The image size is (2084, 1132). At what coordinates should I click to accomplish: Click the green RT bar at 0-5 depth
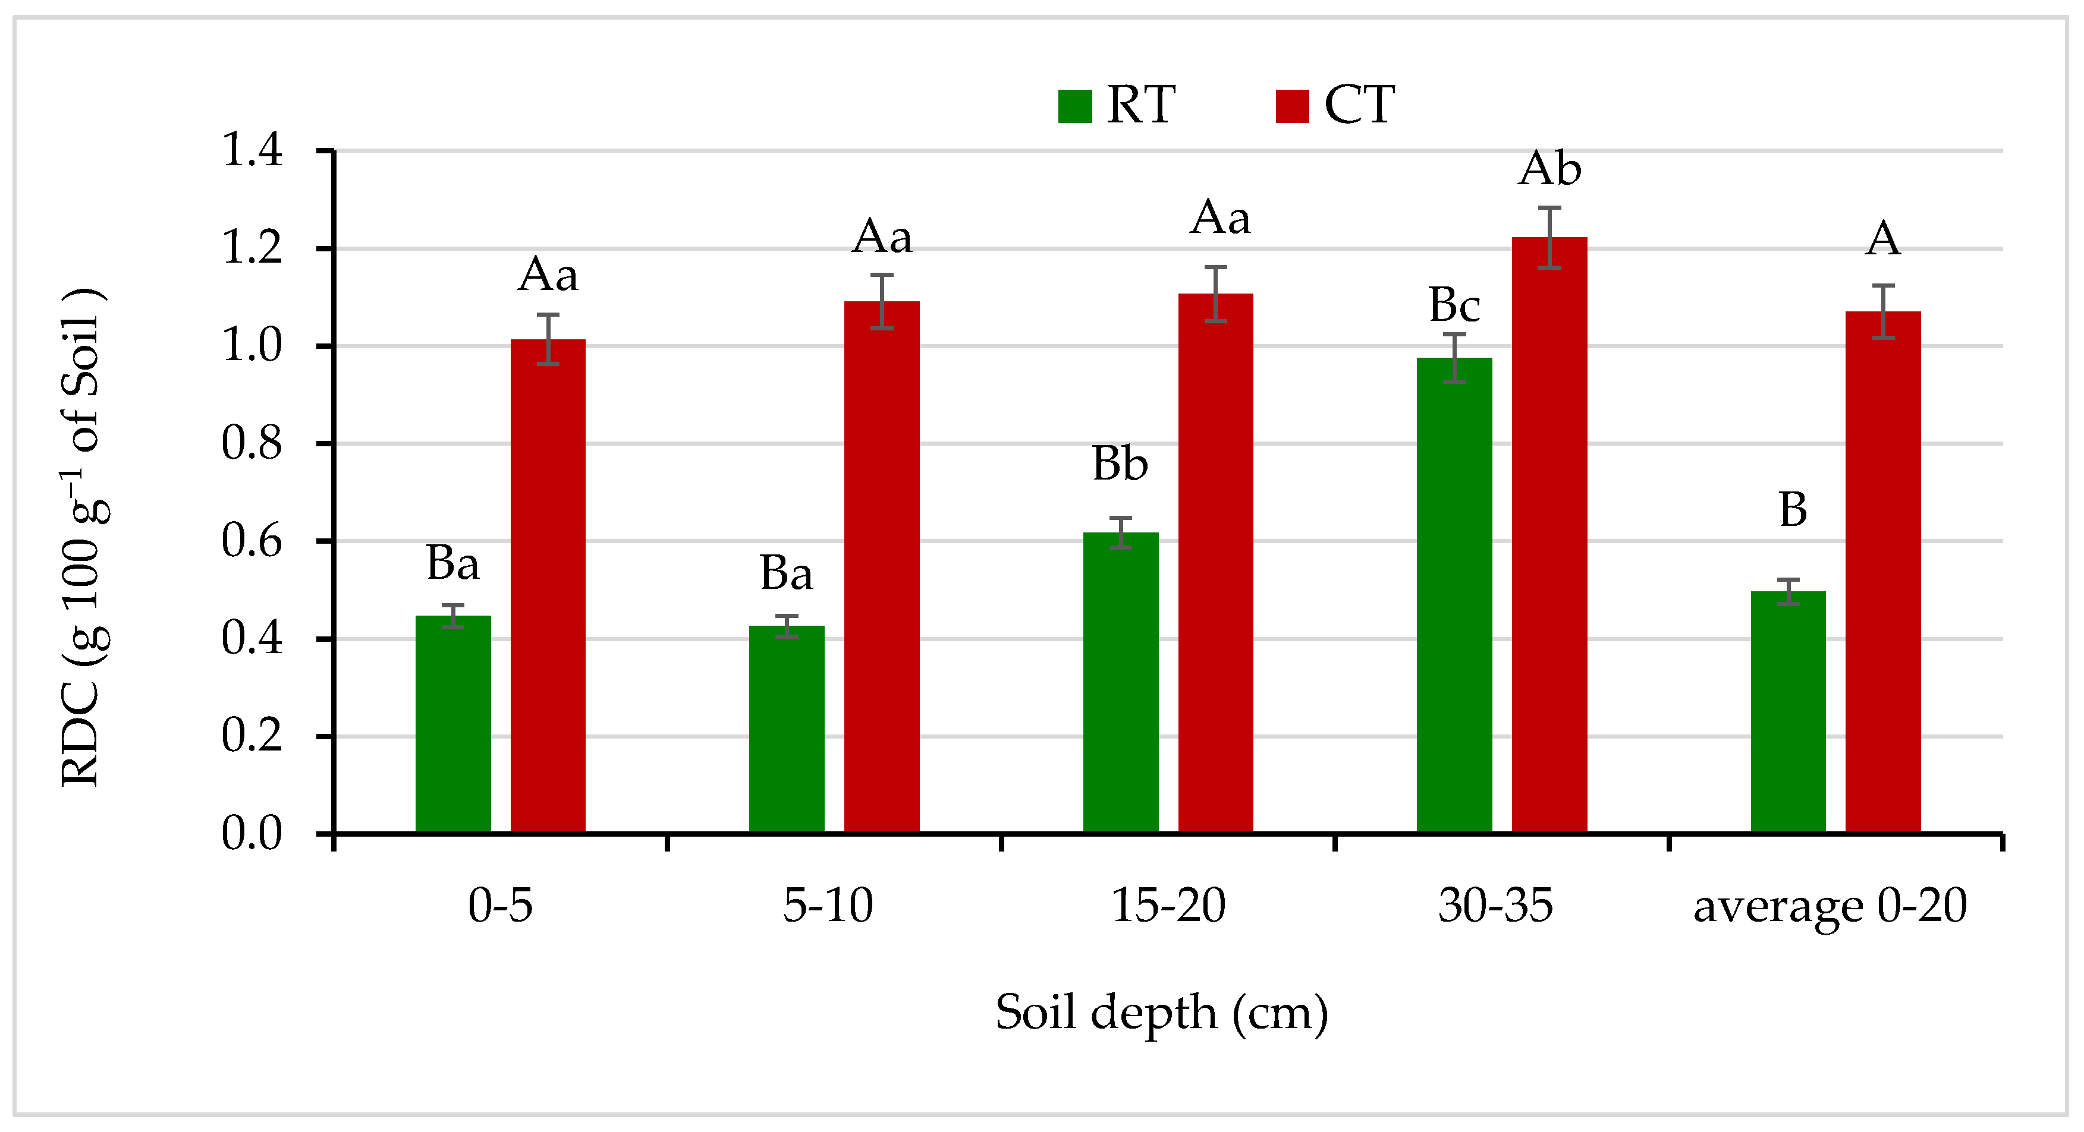pos(453,724)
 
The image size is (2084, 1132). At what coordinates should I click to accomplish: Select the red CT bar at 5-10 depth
pos(882,566)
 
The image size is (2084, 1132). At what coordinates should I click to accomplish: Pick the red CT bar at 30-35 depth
pos(1549,534)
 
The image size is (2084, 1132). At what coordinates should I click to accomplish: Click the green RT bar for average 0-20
pos(1788,711)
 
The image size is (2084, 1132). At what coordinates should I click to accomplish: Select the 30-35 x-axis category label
pos(1495,906)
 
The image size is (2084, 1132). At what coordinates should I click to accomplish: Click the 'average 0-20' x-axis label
pos(1830,906)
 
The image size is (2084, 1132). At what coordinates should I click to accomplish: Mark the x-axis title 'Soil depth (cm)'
pos(1162,1013)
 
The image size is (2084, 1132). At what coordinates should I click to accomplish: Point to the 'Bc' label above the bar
pos(1454,305)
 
